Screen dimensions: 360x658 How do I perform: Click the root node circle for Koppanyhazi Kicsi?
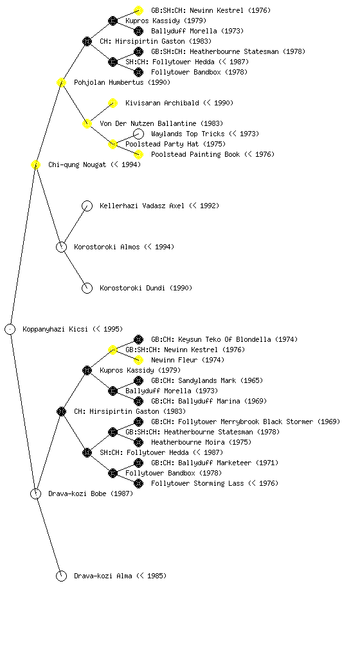click(x=10, y=330)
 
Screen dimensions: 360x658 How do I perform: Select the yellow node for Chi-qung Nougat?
click(x=35, y=165)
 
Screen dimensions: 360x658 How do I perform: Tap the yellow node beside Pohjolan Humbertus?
click(x=61, y=83)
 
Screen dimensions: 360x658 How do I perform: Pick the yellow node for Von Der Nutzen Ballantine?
click(x=87, y=124)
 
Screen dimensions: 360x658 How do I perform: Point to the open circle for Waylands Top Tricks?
click(x=138, y=134)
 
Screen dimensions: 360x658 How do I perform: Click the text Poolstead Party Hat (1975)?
click(x=175, y=145)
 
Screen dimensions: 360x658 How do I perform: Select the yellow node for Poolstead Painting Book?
click(x=138, y=154)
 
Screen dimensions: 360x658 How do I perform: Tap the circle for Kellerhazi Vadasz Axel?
click(x=87, y=206)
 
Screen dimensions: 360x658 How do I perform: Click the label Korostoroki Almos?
click(x=107, y=247)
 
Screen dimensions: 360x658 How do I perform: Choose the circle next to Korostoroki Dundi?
click(x=87, y=289)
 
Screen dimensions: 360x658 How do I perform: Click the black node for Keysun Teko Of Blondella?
click(x=138, y=339)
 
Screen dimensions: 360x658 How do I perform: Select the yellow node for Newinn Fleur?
click(x=138, y=360)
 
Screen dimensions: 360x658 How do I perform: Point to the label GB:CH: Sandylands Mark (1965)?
click(x=207, y=380)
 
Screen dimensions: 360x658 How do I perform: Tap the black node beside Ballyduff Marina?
click(x=138, y=401)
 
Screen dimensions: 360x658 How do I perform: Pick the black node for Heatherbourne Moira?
click(x=138, y=442)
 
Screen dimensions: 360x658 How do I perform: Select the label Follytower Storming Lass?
click(x=197, y=483)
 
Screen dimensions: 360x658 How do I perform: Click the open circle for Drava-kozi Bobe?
click(x=35, y=494)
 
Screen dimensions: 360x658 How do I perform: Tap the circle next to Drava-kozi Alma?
click(x=61, y=576)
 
